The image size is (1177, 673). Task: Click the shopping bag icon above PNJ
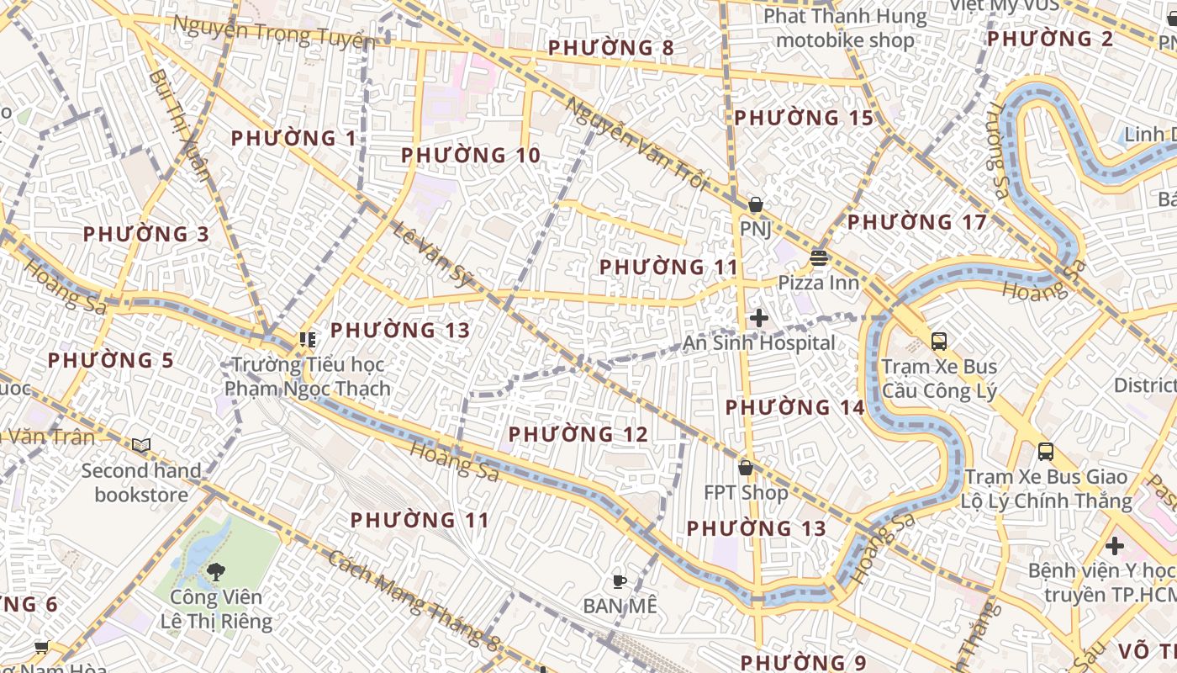[x=755, y=204]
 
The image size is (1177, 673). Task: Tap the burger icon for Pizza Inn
[x=819, y=257]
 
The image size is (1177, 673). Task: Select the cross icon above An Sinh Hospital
[x=759, y=318]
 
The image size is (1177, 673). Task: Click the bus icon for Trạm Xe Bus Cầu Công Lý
[x=939, y=342]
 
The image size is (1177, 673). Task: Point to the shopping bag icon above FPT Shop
[x=746, y=468]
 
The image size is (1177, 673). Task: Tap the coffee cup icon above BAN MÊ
[x=620, y=580]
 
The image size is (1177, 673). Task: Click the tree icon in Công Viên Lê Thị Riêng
[x=216, y=572]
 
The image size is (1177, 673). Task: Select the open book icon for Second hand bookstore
[x=141, y=445]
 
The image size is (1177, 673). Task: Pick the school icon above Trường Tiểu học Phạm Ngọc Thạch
[x=307, y=340]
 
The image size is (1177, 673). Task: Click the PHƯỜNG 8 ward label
[x=611, y=48]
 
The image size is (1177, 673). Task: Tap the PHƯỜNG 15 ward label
[x=804, y=118]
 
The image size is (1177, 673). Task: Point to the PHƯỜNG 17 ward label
[x=916, y=222]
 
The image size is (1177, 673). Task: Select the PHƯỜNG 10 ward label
[x=470, y=156]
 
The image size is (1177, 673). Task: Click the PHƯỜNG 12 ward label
[x=578, y=434]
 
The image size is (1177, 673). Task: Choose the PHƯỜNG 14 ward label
[x=794, y=408]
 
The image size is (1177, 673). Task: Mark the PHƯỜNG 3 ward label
[x=145, y=234]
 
